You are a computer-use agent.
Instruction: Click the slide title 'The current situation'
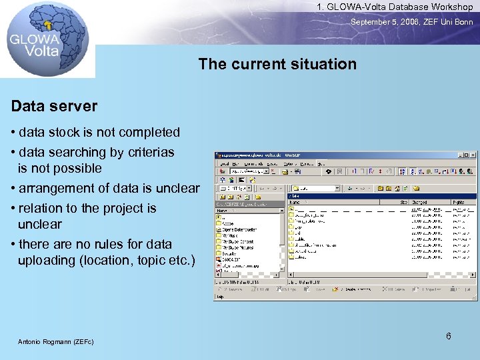click(277, 65)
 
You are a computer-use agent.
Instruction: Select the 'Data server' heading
click(54, 106)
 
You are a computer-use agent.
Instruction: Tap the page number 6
click(449, 336)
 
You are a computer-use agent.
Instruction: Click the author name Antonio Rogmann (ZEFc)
click(55, 342)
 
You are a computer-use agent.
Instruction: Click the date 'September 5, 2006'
click(385, 22)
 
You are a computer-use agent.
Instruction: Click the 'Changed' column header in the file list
click(420, 201)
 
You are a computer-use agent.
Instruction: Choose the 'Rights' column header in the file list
click(459, 201)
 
